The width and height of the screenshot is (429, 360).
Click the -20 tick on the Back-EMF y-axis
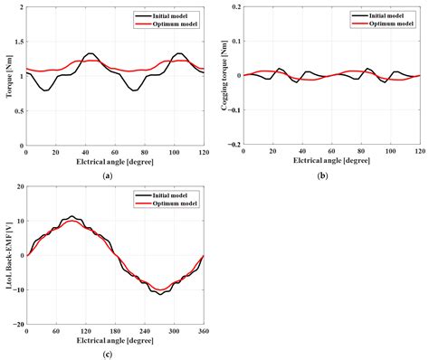click(x=17, y=323)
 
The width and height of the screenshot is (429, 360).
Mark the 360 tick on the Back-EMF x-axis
click(x=202, y=331)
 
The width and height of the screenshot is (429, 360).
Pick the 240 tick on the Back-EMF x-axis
click(x=144, y=331)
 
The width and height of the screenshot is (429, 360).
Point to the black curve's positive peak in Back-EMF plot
click(x=71, y=217)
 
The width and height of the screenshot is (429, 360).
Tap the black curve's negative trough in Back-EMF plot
click(x=159, y=294)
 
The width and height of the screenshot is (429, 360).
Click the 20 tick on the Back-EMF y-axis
click(x=19, y=187)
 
